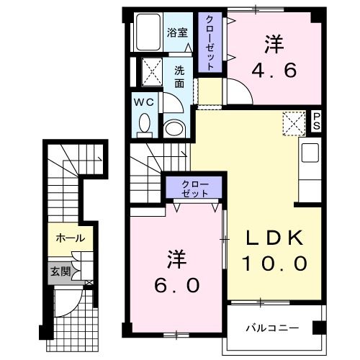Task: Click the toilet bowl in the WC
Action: pos(144,123)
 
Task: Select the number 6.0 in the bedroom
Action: pos(175,284)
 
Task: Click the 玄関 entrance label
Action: pos(60,271)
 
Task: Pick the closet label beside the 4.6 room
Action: pos(208,42)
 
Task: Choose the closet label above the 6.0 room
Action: pos(195,189)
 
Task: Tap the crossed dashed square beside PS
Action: pos(294,123)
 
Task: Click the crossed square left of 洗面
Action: pos(151,73)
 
